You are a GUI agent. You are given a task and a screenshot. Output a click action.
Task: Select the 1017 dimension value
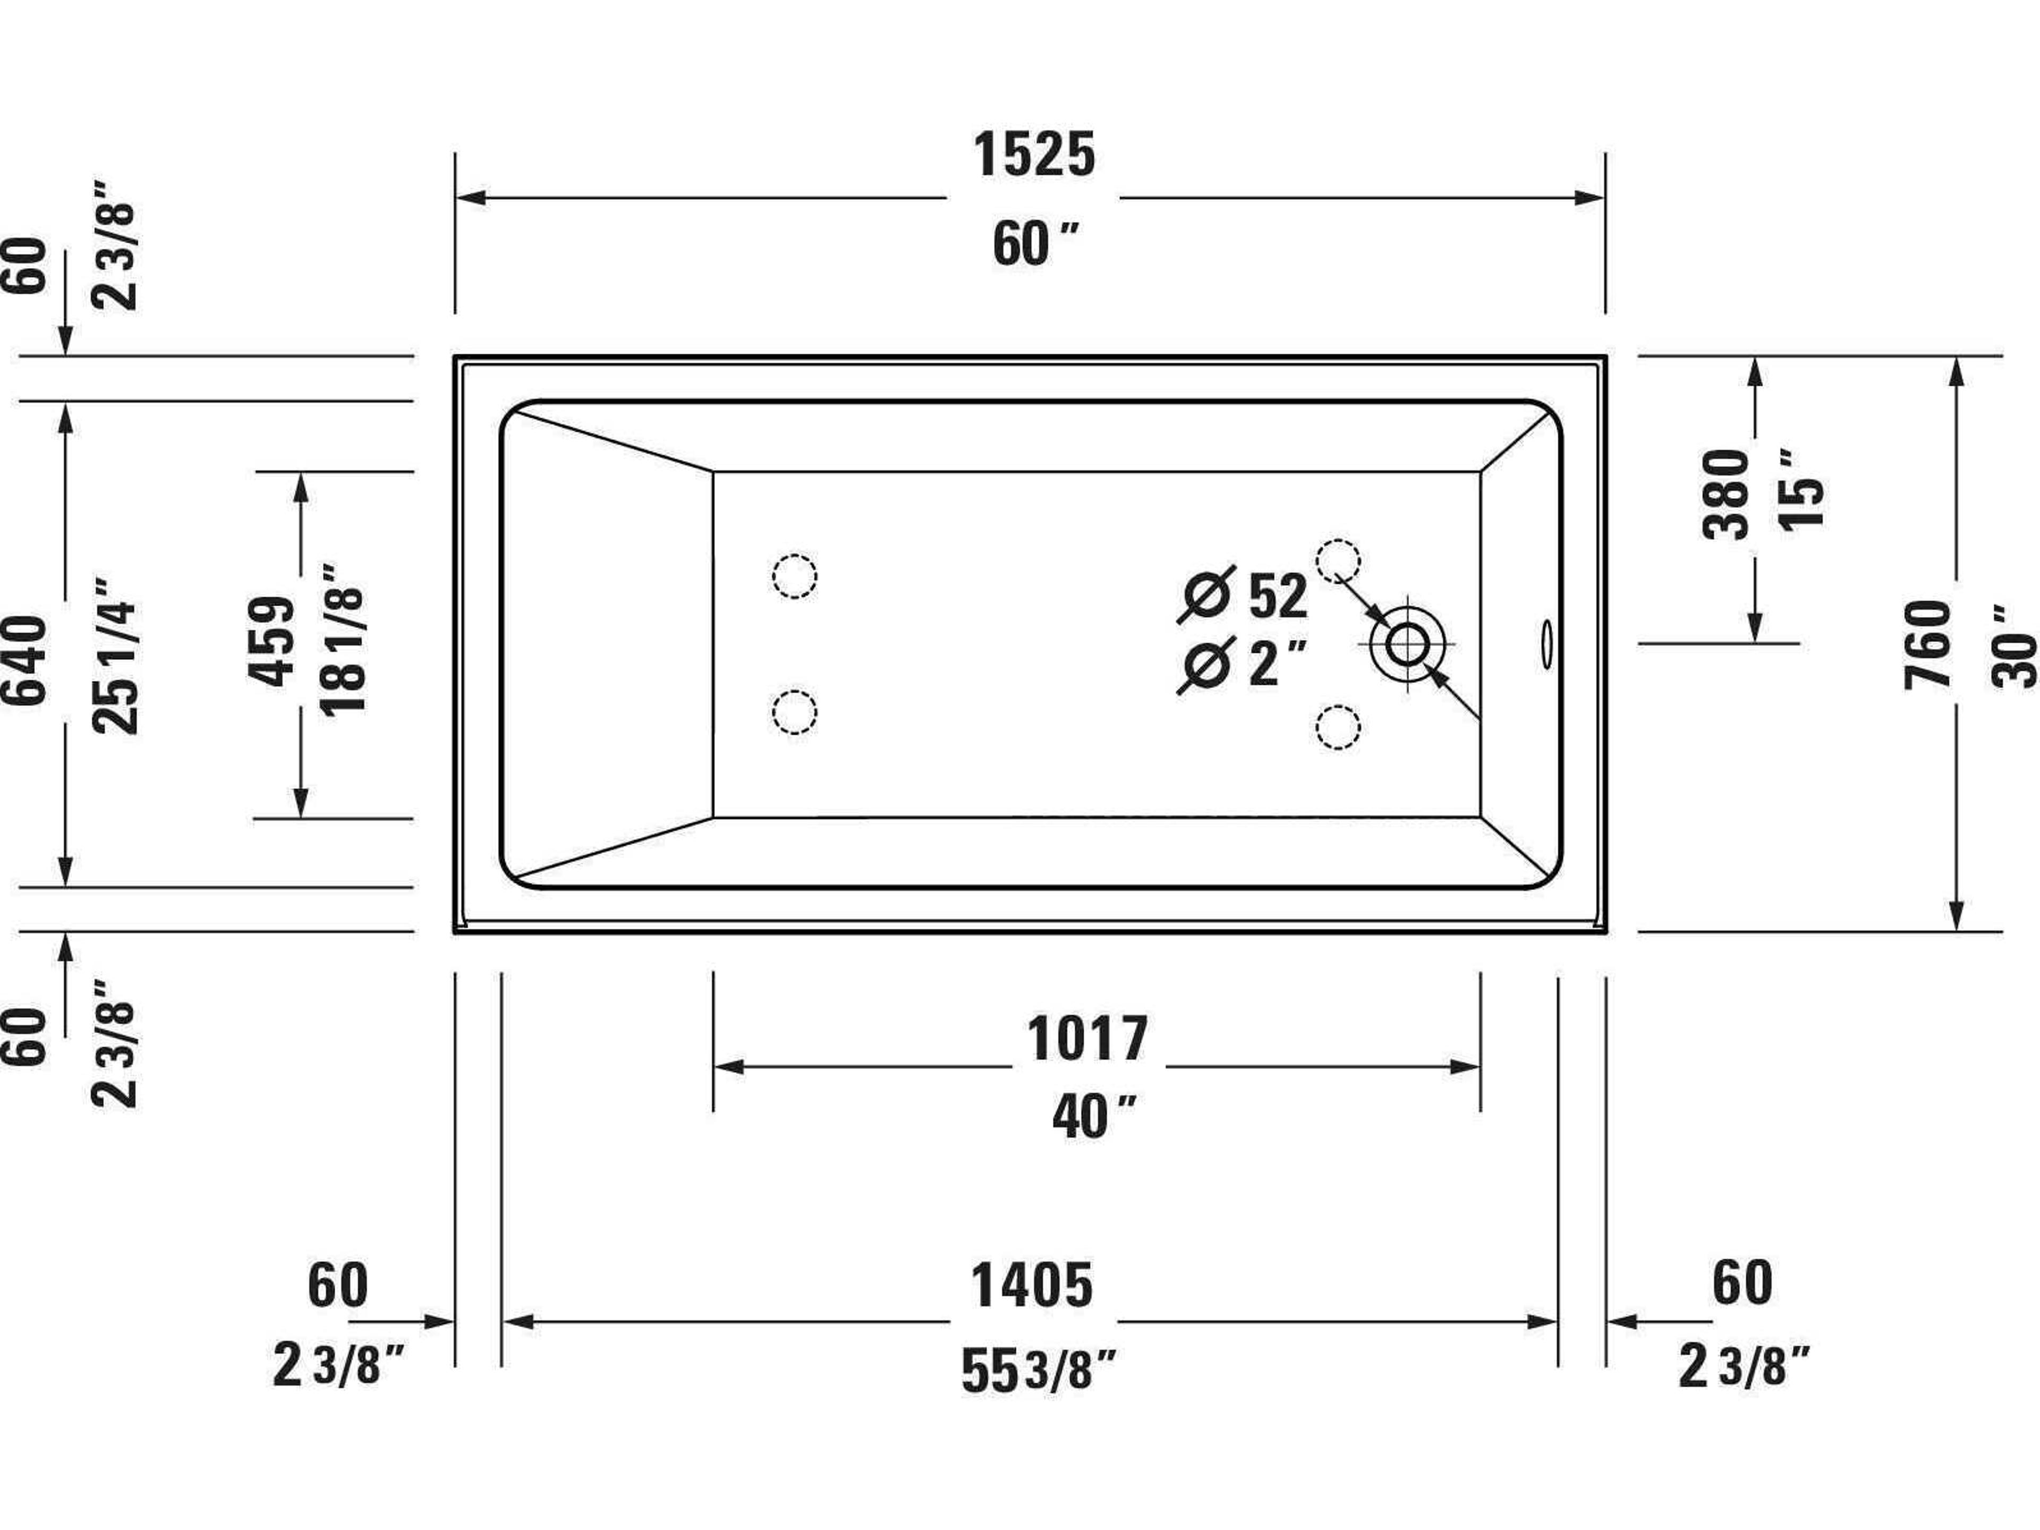click(x=1087, y=1039)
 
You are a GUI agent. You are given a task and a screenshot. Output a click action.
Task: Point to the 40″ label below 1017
click(x=1093, y=1118)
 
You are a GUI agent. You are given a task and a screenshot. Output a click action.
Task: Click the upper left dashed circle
click(x=794, y=576)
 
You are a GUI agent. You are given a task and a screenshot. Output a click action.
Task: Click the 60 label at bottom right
click(x=1742, y=1283)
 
